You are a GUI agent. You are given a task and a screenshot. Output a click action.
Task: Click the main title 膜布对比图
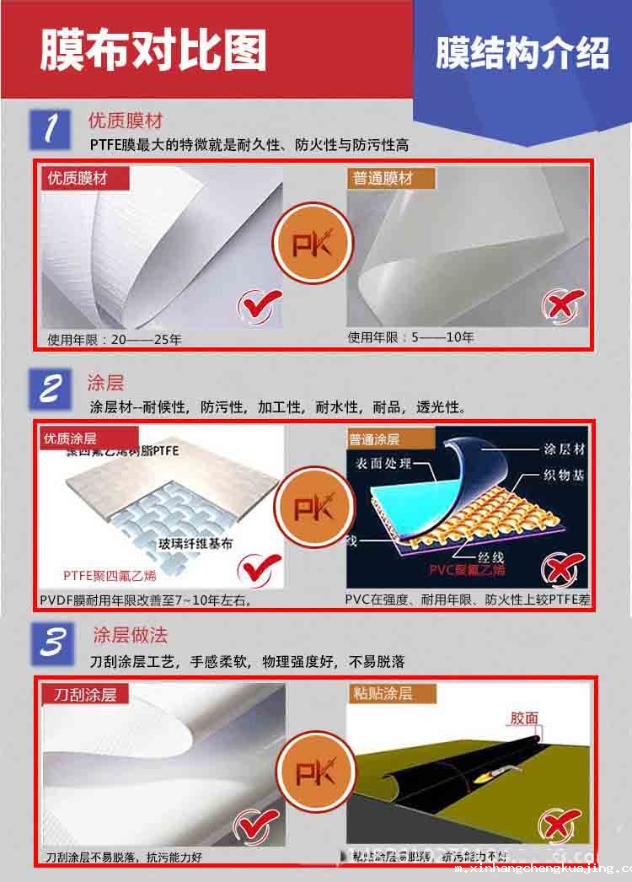click(x=154, y=50)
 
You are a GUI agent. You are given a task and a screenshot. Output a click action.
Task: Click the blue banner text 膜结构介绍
click(x=522, y=52)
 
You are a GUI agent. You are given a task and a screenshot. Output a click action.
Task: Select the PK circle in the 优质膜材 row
click(x=313, y=245)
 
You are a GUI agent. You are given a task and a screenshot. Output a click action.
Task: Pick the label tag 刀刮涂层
click(x=85, y=694)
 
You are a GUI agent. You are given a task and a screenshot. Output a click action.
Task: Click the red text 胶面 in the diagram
click(x=524, y=718)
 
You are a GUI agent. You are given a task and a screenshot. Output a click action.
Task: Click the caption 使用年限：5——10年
click(x=410, y=337)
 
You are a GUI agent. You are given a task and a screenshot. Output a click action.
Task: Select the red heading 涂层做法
click(x=131, y=634)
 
